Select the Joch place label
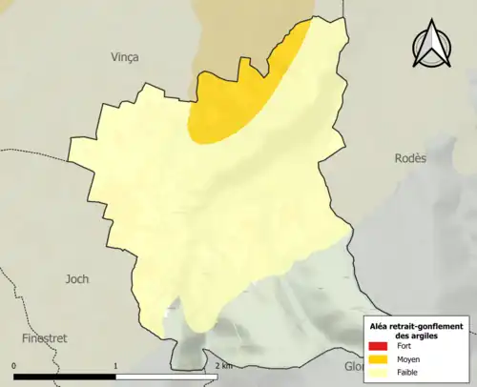click(76, 279)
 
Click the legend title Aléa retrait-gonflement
click(419, 325)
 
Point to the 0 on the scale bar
click(14, 365)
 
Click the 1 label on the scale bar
click(115, 365)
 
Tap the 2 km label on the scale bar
click(222, 365)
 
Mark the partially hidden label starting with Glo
click(354, 368)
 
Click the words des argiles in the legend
click(419, 336)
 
